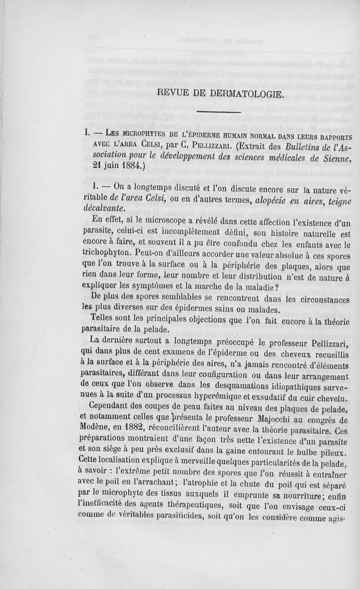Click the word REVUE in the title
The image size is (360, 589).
pyautogui.click(x=173, y=94)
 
